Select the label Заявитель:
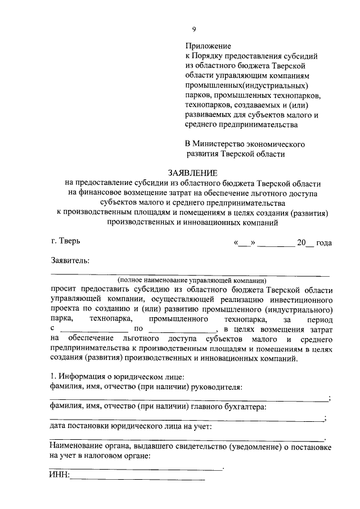[x=70, y=260]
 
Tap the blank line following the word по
[x=191, y=329]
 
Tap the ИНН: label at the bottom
[x=59, y=476]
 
